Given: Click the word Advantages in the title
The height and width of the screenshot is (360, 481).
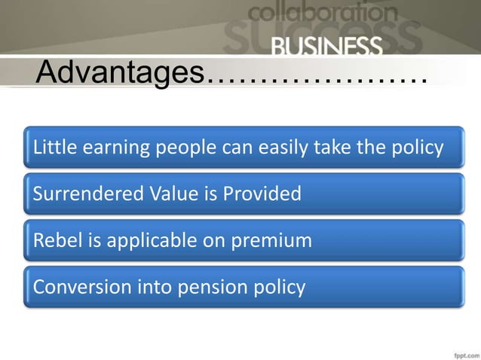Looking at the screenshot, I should point(120,75).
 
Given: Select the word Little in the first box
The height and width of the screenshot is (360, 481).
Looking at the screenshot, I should point(51,147).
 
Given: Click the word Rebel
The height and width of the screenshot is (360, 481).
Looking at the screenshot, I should point(54,240).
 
